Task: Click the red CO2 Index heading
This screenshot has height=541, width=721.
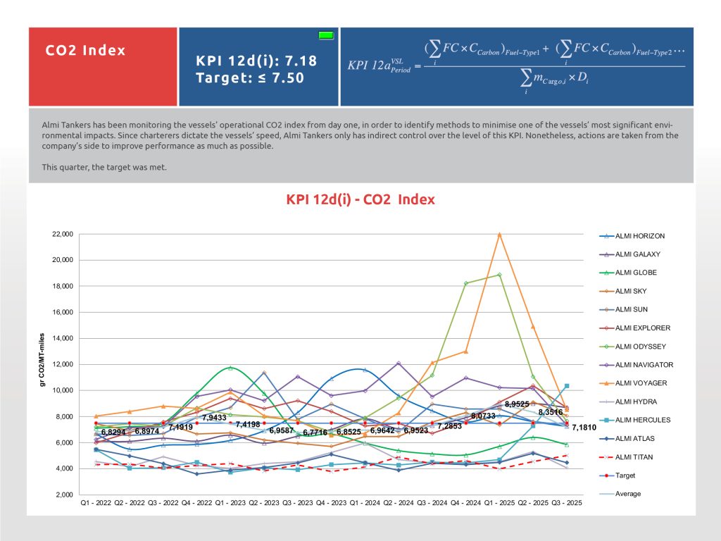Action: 85,51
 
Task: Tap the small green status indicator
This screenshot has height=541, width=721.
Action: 325,35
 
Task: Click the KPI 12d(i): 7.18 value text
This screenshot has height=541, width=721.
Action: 256,61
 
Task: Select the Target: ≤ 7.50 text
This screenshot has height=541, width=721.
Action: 250,77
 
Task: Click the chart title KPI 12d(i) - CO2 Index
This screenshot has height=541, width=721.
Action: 360,199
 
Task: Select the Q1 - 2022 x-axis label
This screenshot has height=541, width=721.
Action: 95,503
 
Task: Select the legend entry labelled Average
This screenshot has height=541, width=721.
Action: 628,494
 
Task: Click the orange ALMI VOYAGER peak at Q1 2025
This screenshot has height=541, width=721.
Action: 500,234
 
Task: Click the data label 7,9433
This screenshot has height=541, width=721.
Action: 214,418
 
